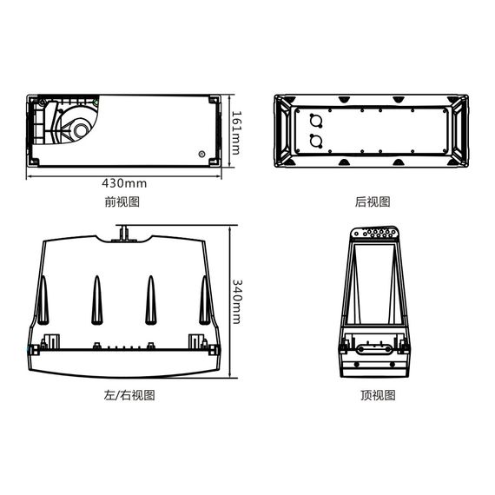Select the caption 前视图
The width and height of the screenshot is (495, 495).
(122, 202)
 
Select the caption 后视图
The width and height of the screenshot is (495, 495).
(373, 202)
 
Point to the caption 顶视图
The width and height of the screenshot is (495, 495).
(378, 396)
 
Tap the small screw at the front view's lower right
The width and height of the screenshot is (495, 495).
(201, 155)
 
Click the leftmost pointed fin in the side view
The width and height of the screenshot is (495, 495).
(42, 300)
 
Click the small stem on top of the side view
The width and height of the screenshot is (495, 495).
(124, 231)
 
